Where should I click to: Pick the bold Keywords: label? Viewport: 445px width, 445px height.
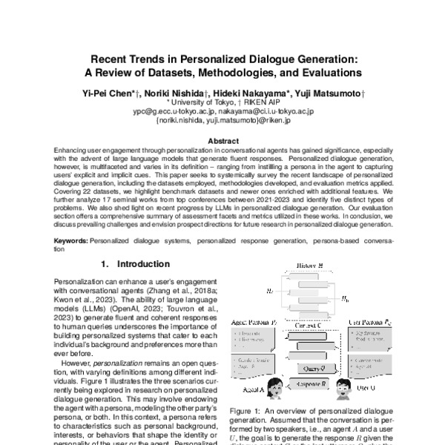tap(72, 242)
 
